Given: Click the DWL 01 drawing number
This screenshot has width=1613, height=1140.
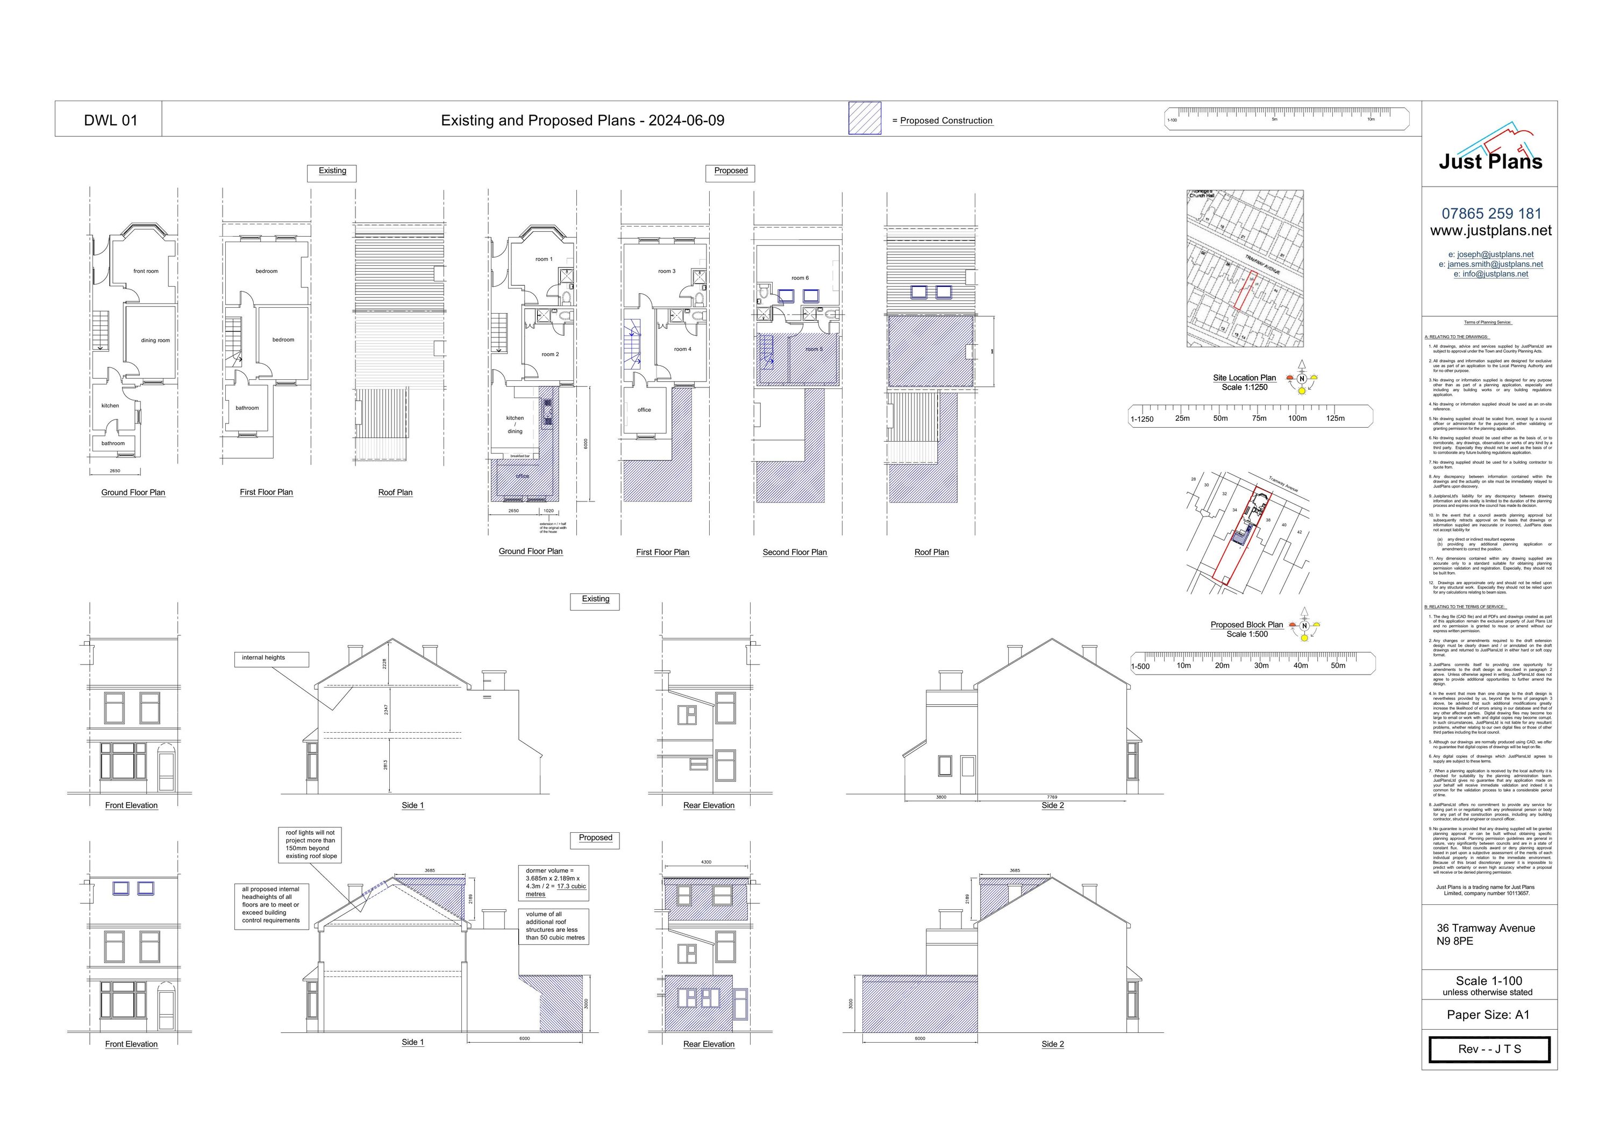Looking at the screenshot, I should tap(110, 120).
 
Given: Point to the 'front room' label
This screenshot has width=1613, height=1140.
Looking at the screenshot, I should tap(146, 271).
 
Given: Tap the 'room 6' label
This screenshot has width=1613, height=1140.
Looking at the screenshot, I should tap(800, 278).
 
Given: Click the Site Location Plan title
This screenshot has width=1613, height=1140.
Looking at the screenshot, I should tap(1244, 378).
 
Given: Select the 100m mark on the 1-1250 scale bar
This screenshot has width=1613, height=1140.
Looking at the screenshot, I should tap(1297, 418).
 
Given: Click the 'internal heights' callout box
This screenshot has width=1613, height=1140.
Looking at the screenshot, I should tap(271, 658).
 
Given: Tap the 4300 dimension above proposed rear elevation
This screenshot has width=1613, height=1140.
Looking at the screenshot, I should tap(706, 862).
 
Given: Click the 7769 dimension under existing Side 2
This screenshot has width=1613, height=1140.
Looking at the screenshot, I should tap(1052, 797).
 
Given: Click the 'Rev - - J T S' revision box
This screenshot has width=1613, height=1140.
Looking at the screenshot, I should tap(1489, 1049).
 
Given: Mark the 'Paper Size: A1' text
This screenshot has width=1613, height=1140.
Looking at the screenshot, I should tap(1487, 1015).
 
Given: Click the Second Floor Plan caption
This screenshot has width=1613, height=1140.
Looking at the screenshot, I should tap(795, 553).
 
